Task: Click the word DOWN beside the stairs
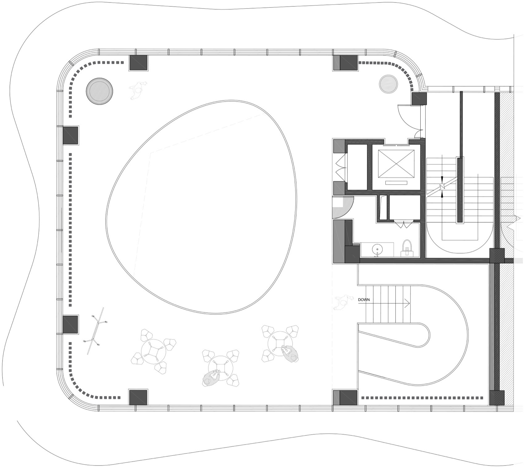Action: (364, 300)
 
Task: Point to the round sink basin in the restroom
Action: (376, 249)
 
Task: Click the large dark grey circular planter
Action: (99, 91)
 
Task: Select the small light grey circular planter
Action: (388, 84)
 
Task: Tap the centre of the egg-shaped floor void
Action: (201, 207)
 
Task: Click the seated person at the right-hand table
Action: (290, 354)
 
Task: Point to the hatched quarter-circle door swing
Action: (341, 207)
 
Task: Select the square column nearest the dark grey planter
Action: (138, 63)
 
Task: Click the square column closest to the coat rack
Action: (71, 324)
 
